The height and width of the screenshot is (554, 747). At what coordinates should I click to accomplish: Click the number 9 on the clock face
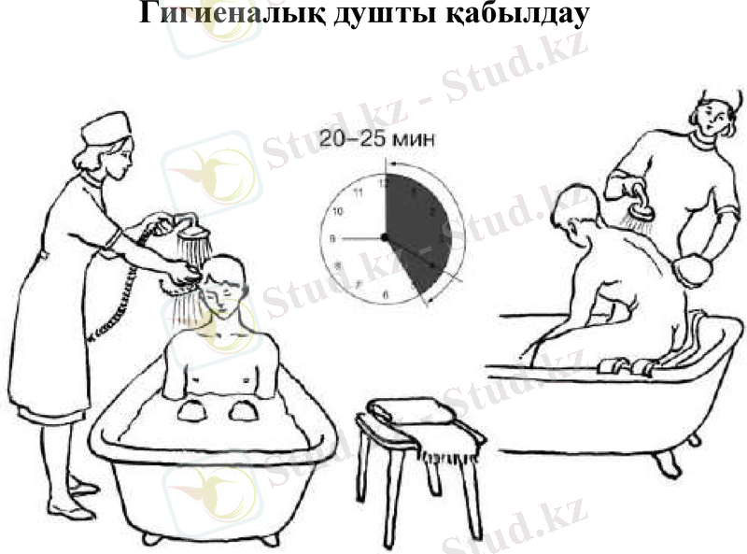(x=333, y=239)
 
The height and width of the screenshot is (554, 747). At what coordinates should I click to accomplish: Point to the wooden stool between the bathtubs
(x=397, y=467)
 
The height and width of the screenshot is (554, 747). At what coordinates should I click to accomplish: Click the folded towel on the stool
(x=412, y=411)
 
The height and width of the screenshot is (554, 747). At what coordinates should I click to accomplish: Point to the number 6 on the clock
(x=386, y=295)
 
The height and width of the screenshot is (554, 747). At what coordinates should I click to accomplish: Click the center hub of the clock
(x=384, y=238)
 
